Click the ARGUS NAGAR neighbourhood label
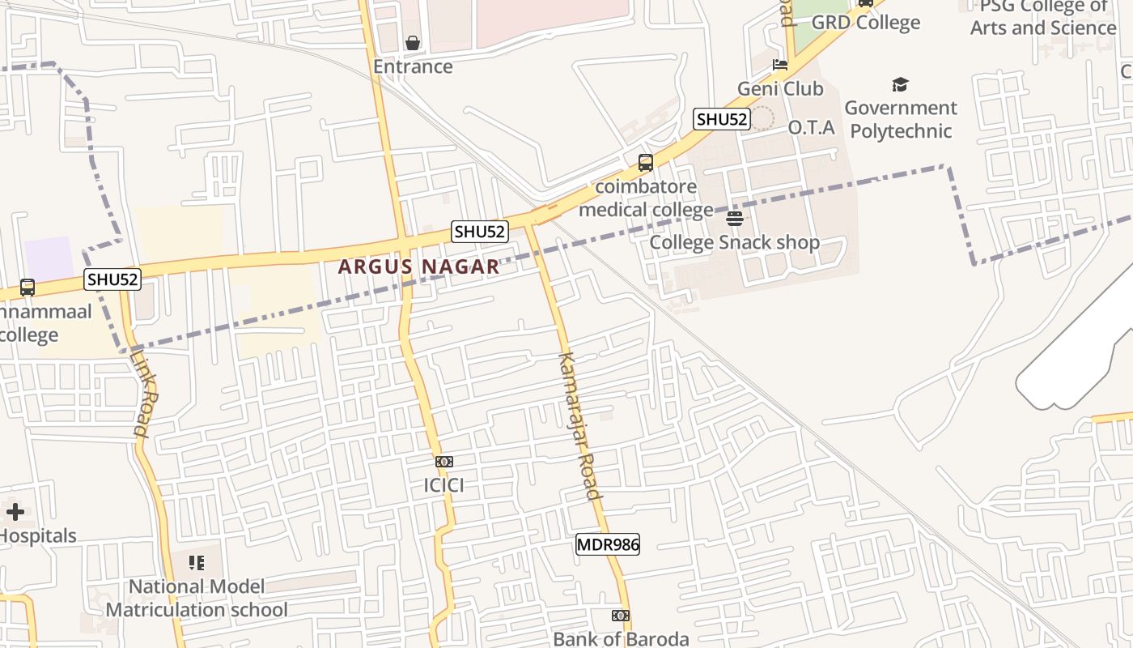tap(418, 266)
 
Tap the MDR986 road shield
tap(607, 544)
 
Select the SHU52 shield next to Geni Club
tap(722, 119)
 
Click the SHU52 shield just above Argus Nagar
tap(480, 232)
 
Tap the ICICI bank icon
tap(443, 462)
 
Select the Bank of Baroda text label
tap(621, 638)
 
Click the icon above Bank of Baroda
tap(621, 616)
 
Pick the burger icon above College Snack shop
tap(735, 218)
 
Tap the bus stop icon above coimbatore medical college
tap(646, 162)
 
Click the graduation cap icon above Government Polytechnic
tap(900, 84)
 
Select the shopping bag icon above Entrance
tap(413, 43)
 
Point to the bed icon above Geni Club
tap(780, 65)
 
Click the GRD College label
tap(865, 23)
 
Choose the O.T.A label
tap(811, 127)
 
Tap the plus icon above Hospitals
tap(15, 511)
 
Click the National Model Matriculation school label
tap(197, 598)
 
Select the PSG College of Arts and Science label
tap(1042, 17)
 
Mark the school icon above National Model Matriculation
tap(197, 562)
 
